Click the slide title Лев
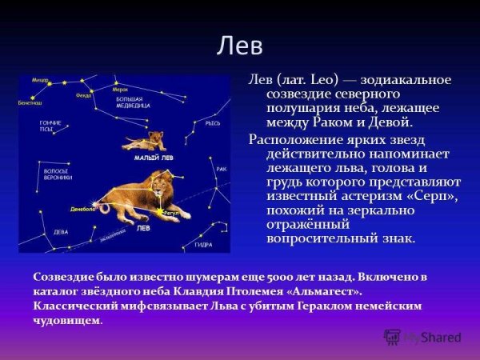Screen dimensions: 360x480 click(239, 46)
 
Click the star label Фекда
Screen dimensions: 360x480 click(84, 95)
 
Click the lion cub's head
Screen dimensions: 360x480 click(155, 137)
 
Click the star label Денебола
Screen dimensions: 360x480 click(82, 208)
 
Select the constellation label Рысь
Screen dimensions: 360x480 click(213, 123)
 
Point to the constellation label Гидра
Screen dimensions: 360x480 click(203, 243)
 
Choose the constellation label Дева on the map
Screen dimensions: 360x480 click(62, 232)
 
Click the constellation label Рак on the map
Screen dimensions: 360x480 click(222, 169)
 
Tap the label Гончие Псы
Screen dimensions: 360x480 click(50, 126)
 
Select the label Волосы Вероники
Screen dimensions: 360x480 click(58, 174)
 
